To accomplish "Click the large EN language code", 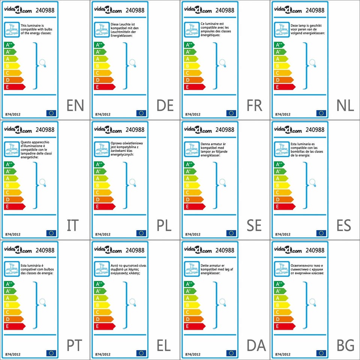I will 75,106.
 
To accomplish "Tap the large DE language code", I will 165,106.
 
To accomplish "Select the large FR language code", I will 255,106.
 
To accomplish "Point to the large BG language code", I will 345,345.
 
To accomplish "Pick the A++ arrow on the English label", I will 11,45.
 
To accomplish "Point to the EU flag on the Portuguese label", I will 51,353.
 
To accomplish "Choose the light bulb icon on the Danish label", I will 222,302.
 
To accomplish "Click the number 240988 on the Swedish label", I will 225,130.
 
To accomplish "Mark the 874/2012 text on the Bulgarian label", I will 283,354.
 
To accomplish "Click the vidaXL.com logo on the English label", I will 18,10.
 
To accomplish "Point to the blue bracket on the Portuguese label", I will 36,304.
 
